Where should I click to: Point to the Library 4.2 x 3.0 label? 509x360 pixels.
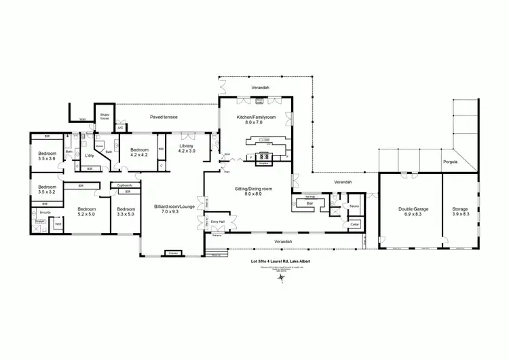click(x=187, y=148)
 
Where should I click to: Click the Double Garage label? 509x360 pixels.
click(x=408, y=211)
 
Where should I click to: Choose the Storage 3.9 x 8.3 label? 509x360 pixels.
click(x=461, y=211)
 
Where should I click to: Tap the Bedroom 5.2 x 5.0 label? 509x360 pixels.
click(x=87, y=211)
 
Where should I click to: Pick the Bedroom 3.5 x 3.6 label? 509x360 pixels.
click(x=48, y=156)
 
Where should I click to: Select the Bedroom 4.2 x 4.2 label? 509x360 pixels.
click(x=139, y=152)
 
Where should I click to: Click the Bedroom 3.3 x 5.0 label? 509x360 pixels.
click(x=126, y=211)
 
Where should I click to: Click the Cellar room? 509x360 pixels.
click(x=354, y=224)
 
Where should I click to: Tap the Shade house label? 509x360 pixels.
click(x=105, y=117)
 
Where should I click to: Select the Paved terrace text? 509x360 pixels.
click(x=164, y=117)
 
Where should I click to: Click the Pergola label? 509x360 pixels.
click(x=450, y=162)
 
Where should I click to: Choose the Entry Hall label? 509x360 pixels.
click(x=218, y=221)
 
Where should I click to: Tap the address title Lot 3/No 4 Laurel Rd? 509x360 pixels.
click(x=280, y=261)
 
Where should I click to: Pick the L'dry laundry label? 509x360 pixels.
click(x=89, y=156)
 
